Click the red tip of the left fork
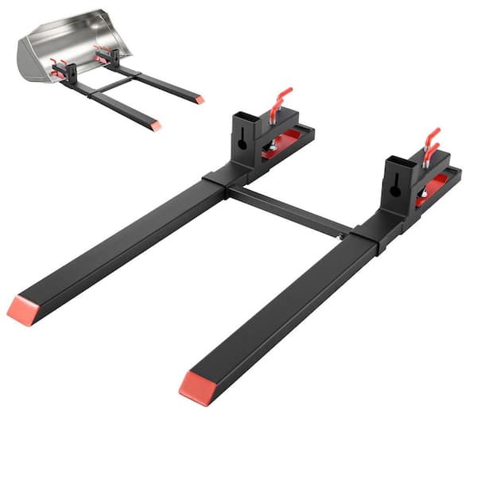(21, 309)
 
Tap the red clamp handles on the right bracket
(430, 144)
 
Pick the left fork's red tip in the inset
(156, 126)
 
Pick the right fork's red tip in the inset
(200, 100)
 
